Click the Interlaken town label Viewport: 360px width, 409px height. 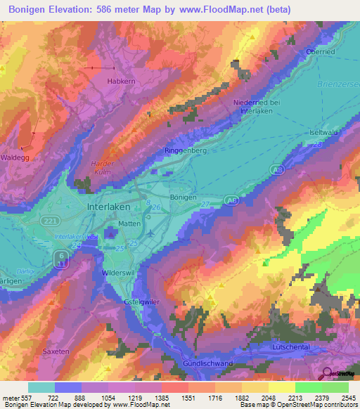(x=112, y=208)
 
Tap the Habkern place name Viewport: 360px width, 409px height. (x=120, y=82)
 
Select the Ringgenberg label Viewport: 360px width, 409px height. (x=186, y=150)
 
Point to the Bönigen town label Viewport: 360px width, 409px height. (x=184, y=197)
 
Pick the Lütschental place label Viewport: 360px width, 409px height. (x=296, y=346)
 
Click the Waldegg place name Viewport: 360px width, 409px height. (x=15, y=158)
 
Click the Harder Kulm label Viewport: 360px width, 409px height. (x=103, y=167)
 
